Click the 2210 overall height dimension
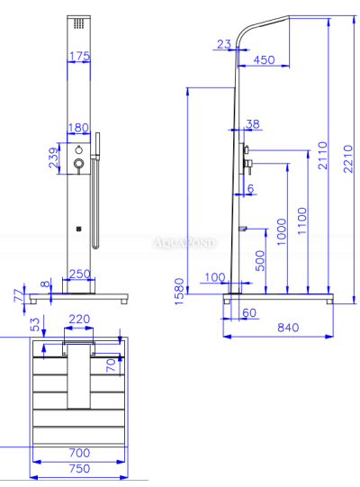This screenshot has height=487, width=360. [x=348, y=158]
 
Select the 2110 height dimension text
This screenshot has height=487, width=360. [x=323, y=156]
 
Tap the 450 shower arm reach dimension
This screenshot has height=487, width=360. [x=264, y=59]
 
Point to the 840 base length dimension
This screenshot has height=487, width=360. [x=288, y=328]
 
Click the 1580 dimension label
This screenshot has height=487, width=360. [x=179, y=292]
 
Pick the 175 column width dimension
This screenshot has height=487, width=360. [x=79, y=56]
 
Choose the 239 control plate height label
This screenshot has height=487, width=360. [x=53, y=158]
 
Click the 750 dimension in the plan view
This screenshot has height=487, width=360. [x=79, y=468]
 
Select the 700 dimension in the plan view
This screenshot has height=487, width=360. [x=79, y=453]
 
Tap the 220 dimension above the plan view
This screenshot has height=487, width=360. [x=79, y=319]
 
